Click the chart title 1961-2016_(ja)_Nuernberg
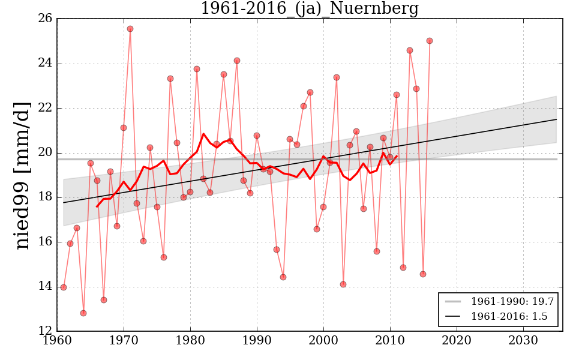click(x=309, y=9)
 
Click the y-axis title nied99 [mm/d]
click(x=23, y=175)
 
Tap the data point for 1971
click(x=130, y=29)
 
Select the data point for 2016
click(x=430, y=41)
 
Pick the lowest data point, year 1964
click(x=83, y=313)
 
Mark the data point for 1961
click(x=64, y=287)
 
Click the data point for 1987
click(x=237, y=61)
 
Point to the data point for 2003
click(x=343, y=284)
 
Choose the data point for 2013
click(x=410, y=50)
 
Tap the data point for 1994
click(x=283, y=277)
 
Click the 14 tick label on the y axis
click(x=44, y=286)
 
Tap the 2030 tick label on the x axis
click(x=524, y=340)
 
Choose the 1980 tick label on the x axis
click(x=191, y=340)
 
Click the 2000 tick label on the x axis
click(x=324, y=340)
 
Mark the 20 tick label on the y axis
click(x=44, y=153)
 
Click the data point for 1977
click(x=170, y=79)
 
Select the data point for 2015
click(x=423, y=274)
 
